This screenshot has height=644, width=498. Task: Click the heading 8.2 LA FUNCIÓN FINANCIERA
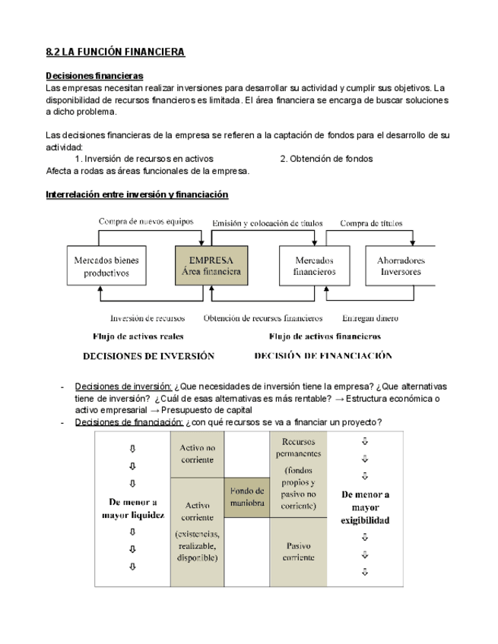pos(116,52)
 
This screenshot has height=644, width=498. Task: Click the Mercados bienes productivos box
pos(106,266)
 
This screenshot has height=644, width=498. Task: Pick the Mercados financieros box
pos(314,266)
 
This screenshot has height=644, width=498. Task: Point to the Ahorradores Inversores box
pos(401,266)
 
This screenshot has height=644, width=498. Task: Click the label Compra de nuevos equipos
pos(146,222)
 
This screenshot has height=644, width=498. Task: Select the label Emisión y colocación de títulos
pos(267,223)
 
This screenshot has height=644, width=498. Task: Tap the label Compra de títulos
pos(371,223)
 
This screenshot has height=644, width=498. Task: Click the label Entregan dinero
pos(370,318)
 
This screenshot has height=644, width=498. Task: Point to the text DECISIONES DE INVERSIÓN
pos(148,355)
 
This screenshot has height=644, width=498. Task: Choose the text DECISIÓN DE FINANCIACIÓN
pos(323,355)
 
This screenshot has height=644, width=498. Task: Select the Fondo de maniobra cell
pos(246,497)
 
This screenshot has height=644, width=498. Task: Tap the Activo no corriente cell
pos(198,453)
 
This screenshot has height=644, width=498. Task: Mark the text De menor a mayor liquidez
pos(133,507)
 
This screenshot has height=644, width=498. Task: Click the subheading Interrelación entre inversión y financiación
pos(137,194)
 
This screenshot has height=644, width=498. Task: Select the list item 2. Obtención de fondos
pos(326,159)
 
